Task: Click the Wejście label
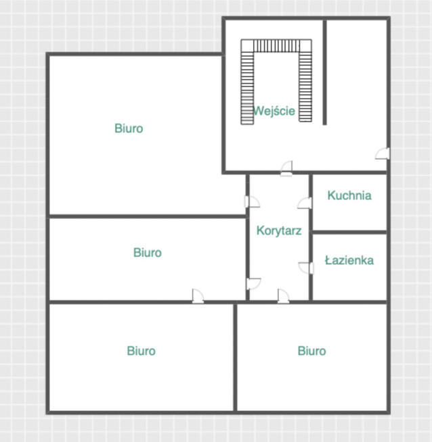[x=274, y=111]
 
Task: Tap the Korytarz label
[x=278, y=230]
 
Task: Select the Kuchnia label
[x=349, y=196]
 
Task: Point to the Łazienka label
[x=349, y=260]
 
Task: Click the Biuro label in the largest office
[x=129, y=128]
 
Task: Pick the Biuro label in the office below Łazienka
[x=311, y=351]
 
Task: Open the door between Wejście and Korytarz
[x=286, y=168]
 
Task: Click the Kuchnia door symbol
[x=305, y=203]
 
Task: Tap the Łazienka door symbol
[x=306, y=268]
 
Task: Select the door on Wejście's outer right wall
[x=383, y=153]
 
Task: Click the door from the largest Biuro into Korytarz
[x=252, y=201]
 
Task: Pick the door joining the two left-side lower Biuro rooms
[x=197, y=295]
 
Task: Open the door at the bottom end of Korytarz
[x=282, y=295]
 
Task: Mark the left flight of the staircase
[x=247, y=88]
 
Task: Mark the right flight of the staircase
[x=305, y=88]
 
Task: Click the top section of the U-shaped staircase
[x=276, y=46]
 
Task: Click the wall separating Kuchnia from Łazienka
[x=349, y=232]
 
